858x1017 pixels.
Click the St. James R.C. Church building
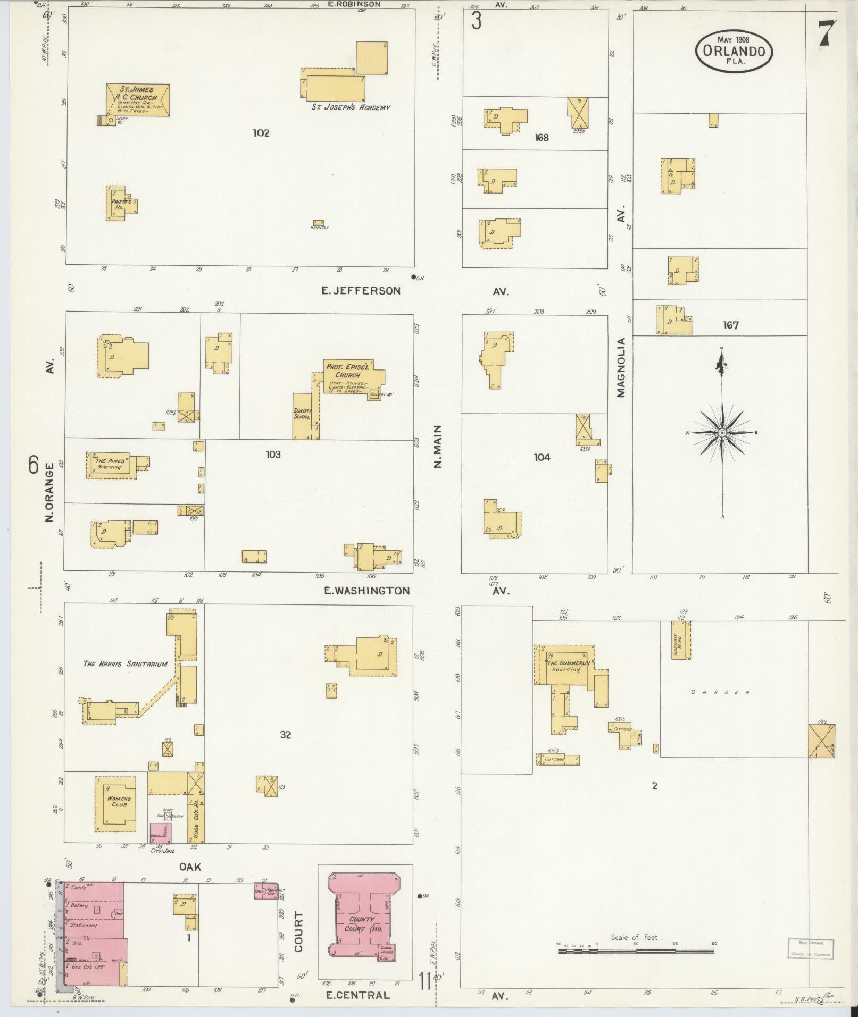click(x=138, y=99)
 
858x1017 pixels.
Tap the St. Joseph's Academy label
click(x=351, y=107)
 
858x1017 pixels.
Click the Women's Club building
click(x=115, y=802)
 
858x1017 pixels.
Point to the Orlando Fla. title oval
click(x=734, y=51)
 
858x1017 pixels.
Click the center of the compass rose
click(x=722, y=433)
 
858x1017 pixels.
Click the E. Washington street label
click(x=368, y=591)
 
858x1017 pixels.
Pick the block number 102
click(x=261, y=133)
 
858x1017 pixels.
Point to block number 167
click(x=730, y=325)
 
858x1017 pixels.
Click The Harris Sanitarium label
click(x=126, y=663)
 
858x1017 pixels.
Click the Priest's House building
click(x=120, y=203)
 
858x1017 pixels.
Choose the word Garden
click(x=720, y=692)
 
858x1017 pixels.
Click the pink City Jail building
click(x=160, y=847)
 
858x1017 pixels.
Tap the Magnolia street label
click(x=621, y=367)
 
